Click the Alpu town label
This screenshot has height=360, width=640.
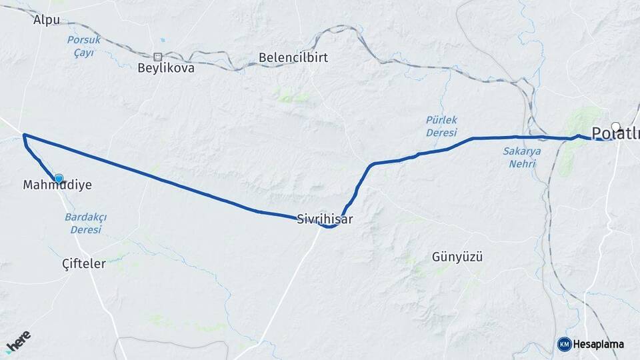(x=47, y=19)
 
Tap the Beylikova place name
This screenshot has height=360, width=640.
(x=166, y=68)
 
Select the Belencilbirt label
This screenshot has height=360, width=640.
(x=293, y=57)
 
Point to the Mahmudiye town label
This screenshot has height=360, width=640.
(x=57, y=185)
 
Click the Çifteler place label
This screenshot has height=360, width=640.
(x=84, y=263)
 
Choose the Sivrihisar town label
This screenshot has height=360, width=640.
(x=325, y=218)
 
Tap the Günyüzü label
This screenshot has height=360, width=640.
(x=457, y=257)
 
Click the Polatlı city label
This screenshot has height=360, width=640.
(x=615, y=131)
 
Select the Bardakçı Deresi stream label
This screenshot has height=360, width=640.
(x=86, y=223)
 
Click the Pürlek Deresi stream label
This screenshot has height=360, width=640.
(x=442, y=126)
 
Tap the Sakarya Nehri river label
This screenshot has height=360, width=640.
(x=521, y=157)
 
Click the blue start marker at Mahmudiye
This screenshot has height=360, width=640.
(x=59, y=178)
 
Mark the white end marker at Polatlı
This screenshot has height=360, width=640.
(x=615, y=126)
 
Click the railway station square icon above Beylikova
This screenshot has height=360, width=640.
(x=158, y=57)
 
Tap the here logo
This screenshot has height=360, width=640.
(x=18, y=341)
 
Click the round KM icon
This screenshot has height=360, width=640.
(x=564, y=344)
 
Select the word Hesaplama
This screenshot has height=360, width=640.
(x=599, y=344)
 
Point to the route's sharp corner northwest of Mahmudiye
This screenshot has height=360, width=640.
(x=24, y=135)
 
